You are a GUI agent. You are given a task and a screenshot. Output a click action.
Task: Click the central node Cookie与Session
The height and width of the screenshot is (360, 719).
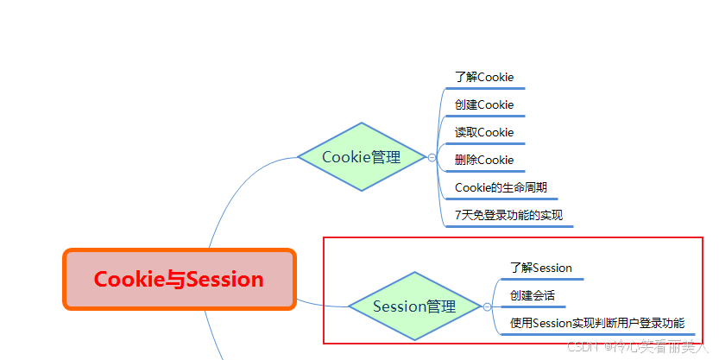(179, 280)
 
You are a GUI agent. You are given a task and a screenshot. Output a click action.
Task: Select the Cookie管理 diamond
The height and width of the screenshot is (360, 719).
(362, 157)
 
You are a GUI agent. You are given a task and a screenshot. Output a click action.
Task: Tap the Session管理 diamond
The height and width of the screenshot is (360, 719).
(414, 306)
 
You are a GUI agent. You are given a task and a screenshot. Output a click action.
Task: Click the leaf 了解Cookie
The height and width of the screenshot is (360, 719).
(484, 77)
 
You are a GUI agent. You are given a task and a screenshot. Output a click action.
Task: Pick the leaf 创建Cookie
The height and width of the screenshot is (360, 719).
(484, 104)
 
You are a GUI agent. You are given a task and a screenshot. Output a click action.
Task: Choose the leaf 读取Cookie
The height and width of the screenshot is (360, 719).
(484, 132)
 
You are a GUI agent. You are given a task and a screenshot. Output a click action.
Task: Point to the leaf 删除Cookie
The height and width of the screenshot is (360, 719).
(484, 160)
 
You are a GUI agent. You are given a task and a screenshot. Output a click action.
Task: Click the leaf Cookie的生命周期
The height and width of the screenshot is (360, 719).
(501, 187)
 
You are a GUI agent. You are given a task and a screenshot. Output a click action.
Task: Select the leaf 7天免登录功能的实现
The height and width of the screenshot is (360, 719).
(508, 215)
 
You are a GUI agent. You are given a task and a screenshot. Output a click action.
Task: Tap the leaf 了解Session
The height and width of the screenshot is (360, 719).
(540, 268)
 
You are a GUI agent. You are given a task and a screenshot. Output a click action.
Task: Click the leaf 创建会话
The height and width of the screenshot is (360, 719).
(532, 295)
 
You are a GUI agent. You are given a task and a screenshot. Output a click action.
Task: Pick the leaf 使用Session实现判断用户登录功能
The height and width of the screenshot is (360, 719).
(596, 323)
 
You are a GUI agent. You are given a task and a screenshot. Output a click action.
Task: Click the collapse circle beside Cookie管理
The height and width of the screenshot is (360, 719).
(432, 158)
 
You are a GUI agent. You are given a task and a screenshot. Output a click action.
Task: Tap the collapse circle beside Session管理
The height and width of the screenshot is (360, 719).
(488, 306)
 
